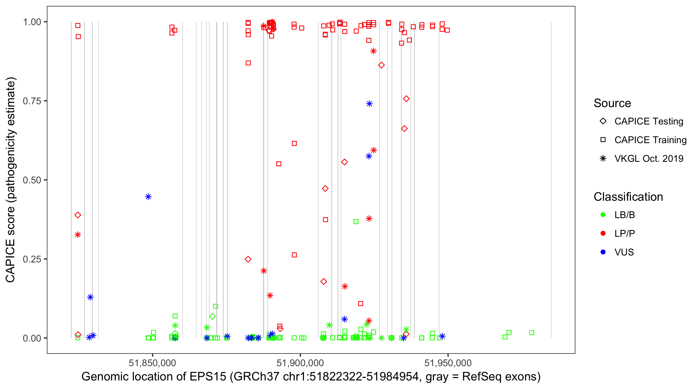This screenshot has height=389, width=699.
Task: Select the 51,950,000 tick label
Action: tap(448, 363)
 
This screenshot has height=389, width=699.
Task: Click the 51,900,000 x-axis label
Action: tap(300, 363)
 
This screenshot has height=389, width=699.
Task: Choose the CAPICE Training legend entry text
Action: tap(650, 140)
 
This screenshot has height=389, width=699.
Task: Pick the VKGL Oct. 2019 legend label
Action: tap(649, 159)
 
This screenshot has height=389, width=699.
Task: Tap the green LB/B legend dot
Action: tap(603, 215)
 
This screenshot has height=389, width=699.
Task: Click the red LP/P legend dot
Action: tap(603, 233)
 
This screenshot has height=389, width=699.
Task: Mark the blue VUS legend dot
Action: tap(603, 252)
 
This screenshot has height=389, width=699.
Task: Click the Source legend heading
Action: tap(612, 103)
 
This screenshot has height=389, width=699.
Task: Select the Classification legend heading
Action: tap(628, 197)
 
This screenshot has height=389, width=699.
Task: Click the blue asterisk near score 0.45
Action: tap(148, 197)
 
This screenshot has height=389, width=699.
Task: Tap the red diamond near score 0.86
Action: tap(382, 65)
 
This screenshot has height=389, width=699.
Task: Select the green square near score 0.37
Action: tap(356, 222)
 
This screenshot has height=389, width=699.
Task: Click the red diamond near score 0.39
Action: tap(78, 215)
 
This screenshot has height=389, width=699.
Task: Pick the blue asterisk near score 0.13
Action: tap(90, 297)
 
